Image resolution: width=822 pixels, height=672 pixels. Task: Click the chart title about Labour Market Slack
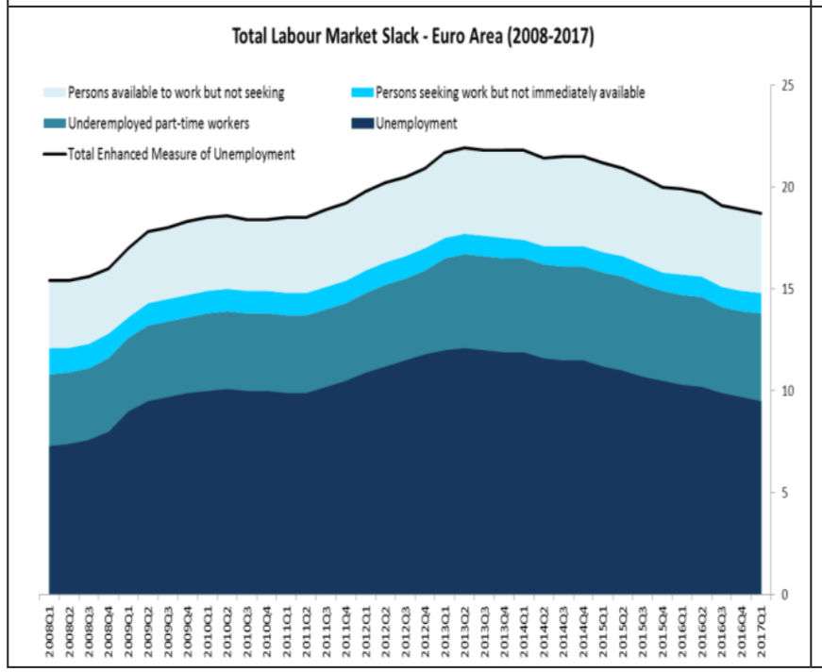412,37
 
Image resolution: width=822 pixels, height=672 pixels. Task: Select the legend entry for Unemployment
416,123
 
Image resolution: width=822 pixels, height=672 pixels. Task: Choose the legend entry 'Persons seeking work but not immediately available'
510,92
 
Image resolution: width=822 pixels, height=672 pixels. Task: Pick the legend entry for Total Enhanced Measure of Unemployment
180,153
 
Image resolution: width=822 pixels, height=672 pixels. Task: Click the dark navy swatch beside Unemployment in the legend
362,123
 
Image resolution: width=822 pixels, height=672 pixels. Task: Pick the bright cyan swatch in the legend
361,92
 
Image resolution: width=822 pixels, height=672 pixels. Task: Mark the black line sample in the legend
53,154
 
